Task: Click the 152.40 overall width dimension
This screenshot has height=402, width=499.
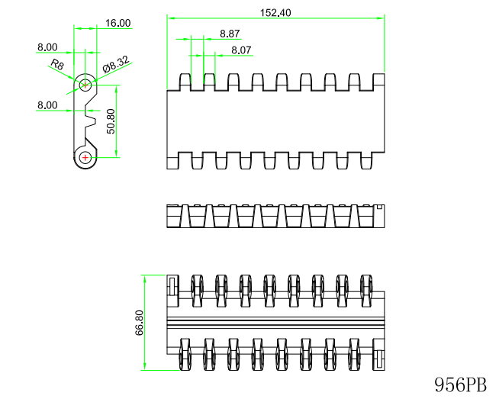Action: point(275,13)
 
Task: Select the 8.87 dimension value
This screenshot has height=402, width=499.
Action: point(230,34)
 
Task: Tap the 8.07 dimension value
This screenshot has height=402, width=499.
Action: point(241,50)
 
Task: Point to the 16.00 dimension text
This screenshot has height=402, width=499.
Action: point(118,23)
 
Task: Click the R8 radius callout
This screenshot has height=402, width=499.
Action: point(57,64)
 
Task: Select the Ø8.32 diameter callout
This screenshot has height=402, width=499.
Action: point(117,64)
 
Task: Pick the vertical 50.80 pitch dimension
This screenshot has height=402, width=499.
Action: point(111,121)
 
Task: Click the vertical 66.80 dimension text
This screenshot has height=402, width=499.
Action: point(140,323)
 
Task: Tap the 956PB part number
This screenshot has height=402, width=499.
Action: point(461,384)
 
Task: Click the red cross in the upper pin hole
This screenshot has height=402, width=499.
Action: point(85,85)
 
